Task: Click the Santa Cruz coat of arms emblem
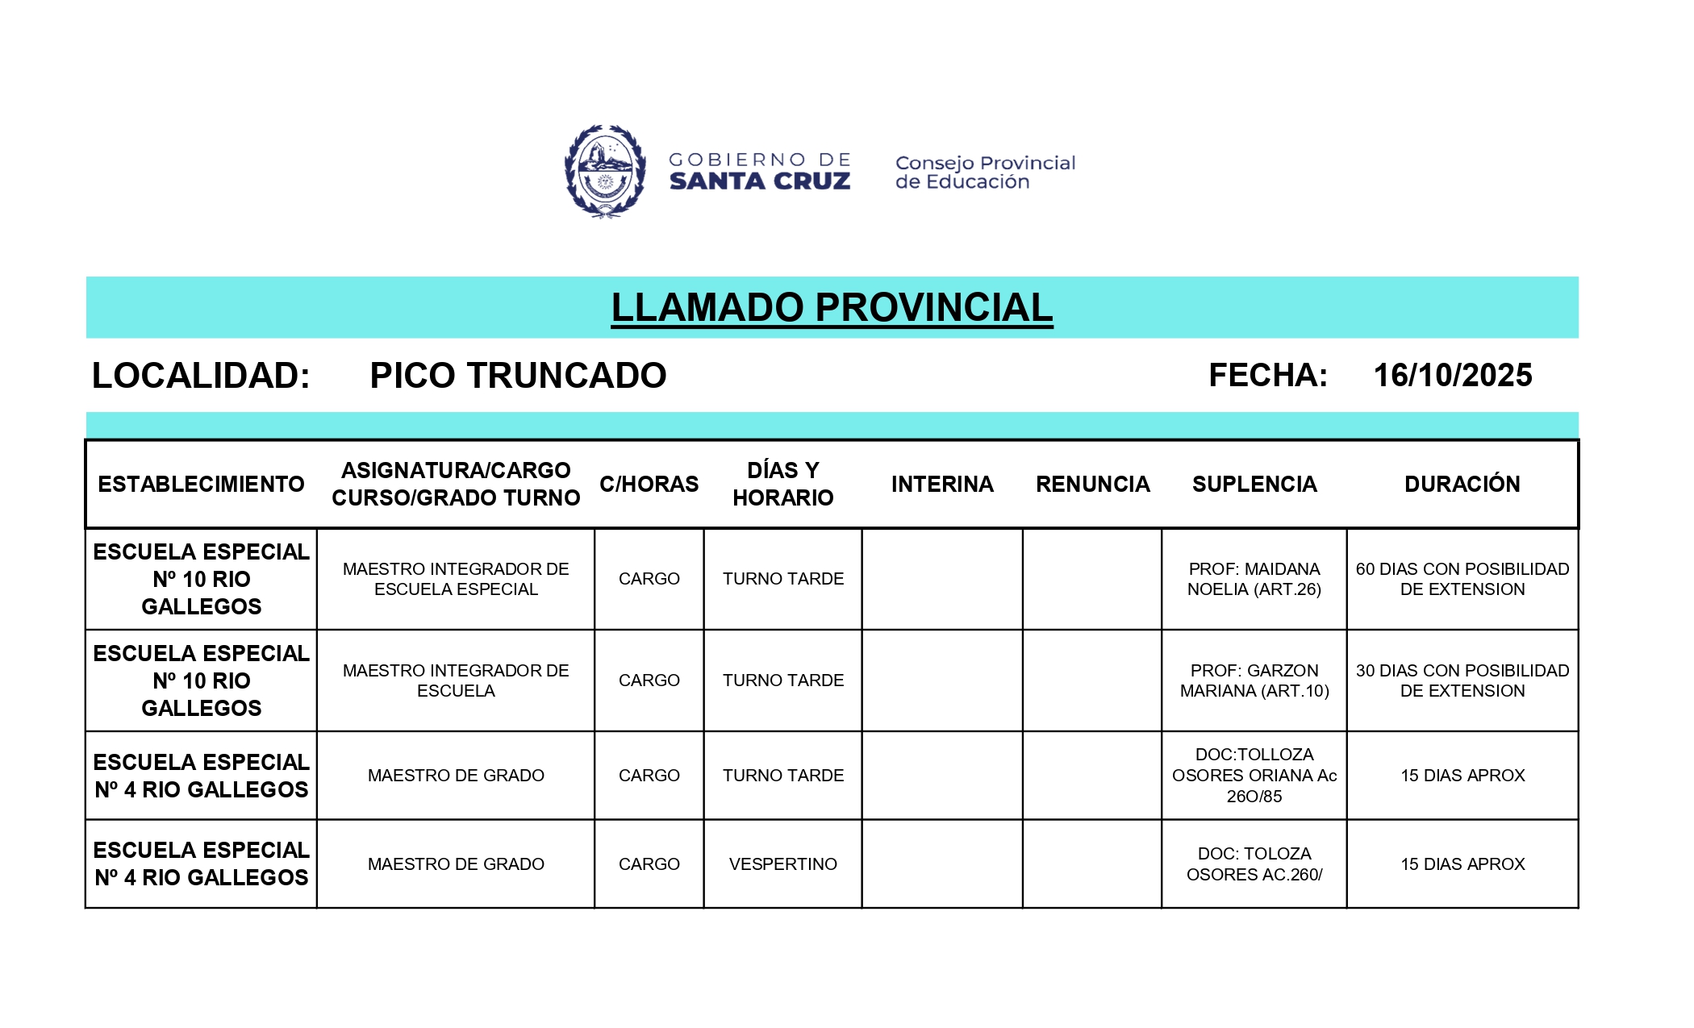[605, 171]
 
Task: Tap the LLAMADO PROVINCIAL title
[832, 307]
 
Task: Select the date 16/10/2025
[1452, 376]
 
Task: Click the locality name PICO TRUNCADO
[518, 376]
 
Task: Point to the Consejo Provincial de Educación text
[985, 173]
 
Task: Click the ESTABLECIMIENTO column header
[201, 484]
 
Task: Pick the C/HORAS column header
[649, 484]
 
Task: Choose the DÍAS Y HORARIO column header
[782, 484]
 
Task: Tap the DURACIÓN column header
[1462, 484]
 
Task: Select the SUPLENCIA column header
[1254, 484]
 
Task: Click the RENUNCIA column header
[1092, 484]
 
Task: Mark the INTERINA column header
[942, 484]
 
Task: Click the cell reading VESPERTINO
[782, 864]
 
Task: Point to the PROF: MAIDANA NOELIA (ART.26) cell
[1254, 579]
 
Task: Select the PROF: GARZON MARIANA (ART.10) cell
[1254, 680]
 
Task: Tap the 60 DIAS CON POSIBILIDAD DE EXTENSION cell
[1462, 579]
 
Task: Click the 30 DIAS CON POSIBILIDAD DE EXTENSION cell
[1462, 680]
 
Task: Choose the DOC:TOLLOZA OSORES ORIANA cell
[1254, 776]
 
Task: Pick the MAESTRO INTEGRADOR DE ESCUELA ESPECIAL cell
[456, 579]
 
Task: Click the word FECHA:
[1267, 376]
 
